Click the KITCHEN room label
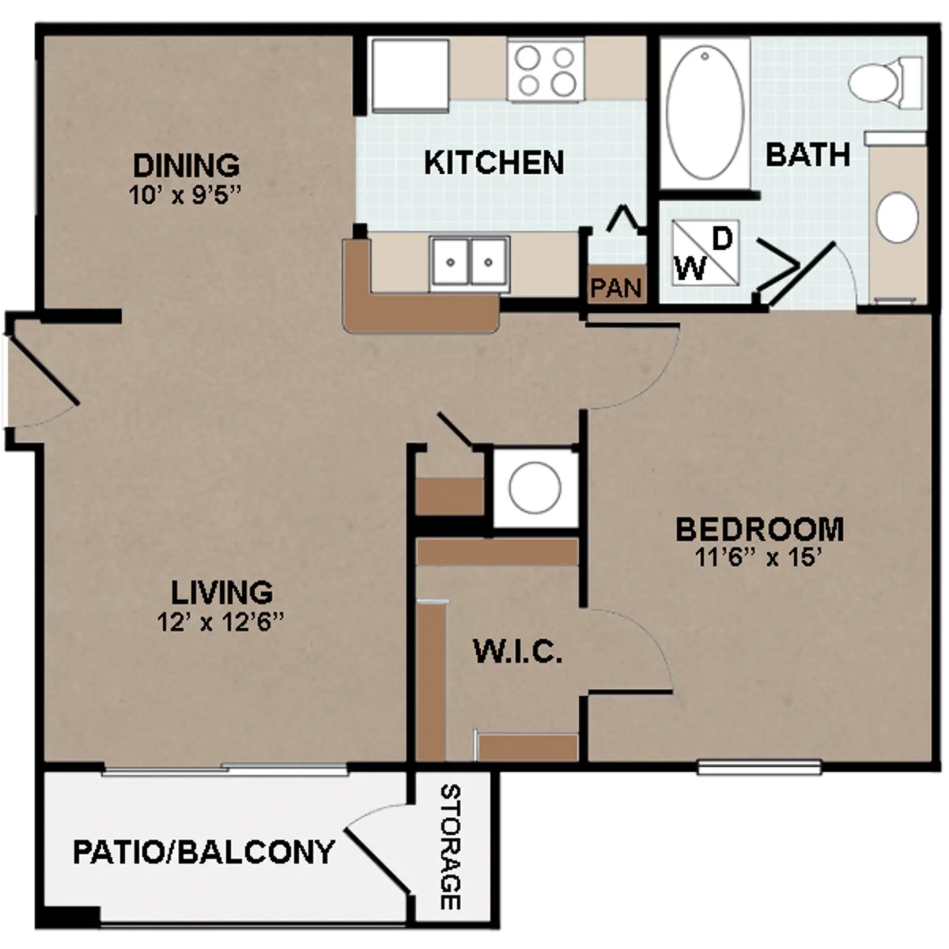tap(494, 162)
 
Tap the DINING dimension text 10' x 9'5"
tap(185, 195)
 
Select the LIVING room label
tap(221, 592)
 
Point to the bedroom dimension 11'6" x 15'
tap(759, 558)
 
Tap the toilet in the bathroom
tap(885, 83)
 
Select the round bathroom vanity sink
tap(898, 217)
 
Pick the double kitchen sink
tap(469, 262)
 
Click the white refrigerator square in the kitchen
tap(410, 76)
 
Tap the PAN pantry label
tap(616, 288)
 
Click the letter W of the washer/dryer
tap(690, 268)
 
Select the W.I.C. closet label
tap(517, 652)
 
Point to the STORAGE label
tap(450, 848)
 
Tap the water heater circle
tap(535, 488)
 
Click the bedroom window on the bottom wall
tap(759, 767)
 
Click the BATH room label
tap(808, 154)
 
